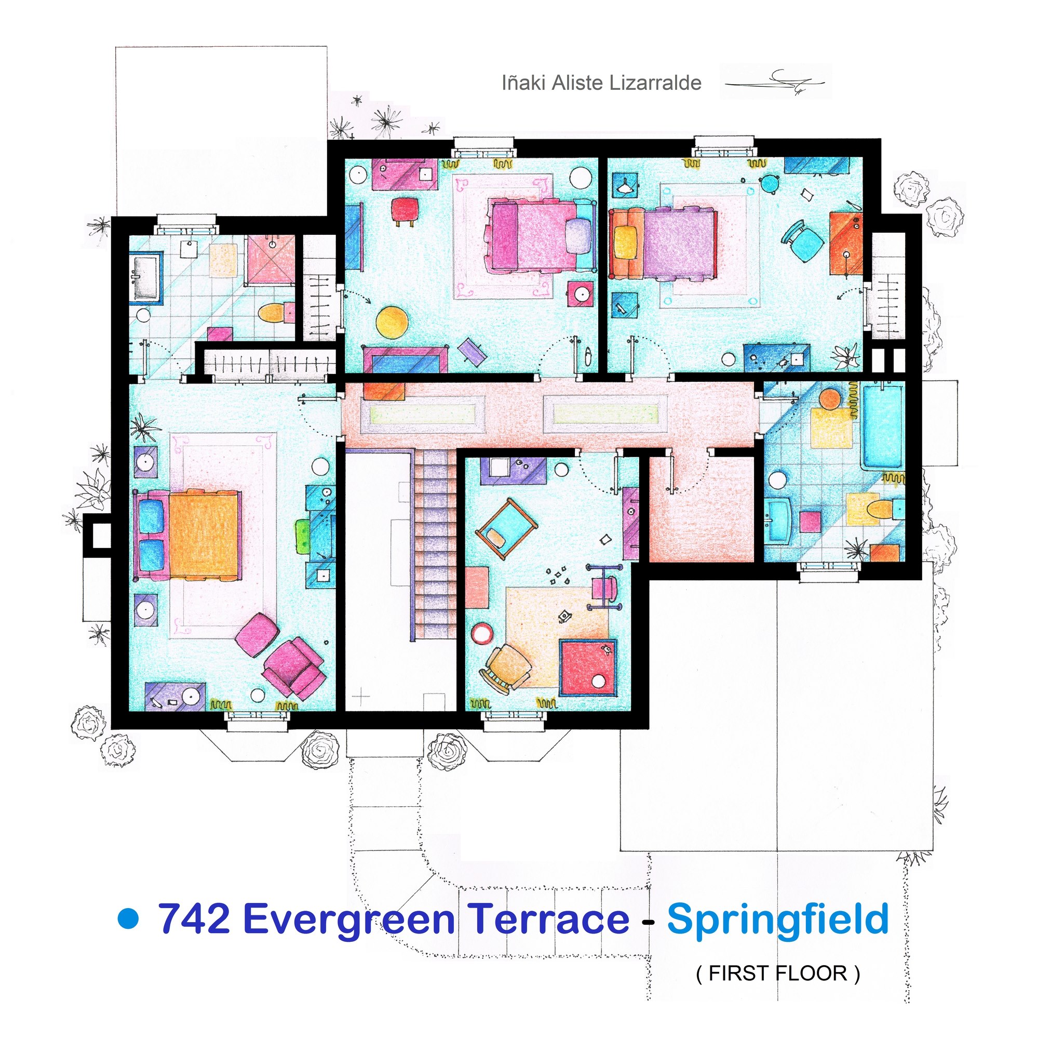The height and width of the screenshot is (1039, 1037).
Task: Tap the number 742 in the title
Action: pyautogui.click(x=194, y=918)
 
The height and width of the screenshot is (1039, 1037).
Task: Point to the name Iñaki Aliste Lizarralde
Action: pyautogui.click(x=601, y=83)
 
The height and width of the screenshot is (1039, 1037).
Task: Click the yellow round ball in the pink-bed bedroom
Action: pyautogui.click(x=392, y=322)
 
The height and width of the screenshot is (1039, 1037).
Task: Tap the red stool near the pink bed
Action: pyautogui.click(x=405, y=210)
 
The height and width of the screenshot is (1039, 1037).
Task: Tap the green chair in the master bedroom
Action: pyautogui.click(x=303, y=535)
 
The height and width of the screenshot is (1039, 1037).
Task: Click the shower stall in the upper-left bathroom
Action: pyautogui.click(x=271, y=260)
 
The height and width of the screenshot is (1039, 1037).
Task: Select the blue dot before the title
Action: pyautogui.click(x=128, y=918)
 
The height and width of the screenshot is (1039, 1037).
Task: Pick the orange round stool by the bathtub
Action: pyautogui.click(x=830, y=398)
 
